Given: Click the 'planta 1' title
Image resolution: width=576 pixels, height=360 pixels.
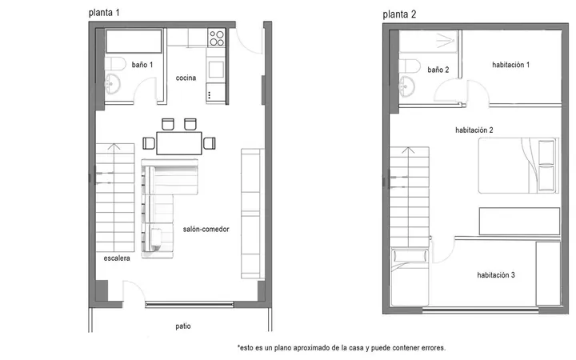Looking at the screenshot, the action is pyautogui.click(x=104, y=13).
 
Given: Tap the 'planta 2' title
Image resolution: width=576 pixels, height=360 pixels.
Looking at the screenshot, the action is pyautogui.click(x=399, y=14).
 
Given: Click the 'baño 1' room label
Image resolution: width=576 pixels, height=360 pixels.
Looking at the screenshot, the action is pyautogui.click(x=142, y=65).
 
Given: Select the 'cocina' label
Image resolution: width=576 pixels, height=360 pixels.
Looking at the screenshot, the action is pyautogui.click(x=186, y=78).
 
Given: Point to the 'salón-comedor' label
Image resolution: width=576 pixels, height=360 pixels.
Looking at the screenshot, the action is pyautogui.click(x=206, y=230).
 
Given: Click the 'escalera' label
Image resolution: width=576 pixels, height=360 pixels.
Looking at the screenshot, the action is pyautogui.click(x=117, y=258).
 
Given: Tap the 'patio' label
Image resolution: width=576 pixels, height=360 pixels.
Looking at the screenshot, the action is pyautogui.click(x=183, y=326).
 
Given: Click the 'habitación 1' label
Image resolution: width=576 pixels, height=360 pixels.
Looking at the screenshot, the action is pyautogui.click(x=511, y=65).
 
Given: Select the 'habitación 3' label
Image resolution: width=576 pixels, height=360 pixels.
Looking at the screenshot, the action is pyautogui.click(x=496, y=274).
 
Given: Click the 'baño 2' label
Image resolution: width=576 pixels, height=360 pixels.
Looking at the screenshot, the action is pyautogui.click(x=438, y=70).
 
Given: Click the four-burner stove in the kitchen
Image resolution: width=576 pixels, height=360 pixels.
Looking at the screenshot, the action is pyautogui.click(x=216, y=38).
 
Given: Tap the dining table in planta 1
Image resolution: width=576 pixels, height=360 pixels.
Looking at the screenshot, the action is pyautogui.click(x=179, y=143).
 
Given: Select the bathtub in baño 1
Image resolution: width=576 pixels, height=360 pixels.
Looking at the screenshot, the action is pyautogui.click(x=134, y=41).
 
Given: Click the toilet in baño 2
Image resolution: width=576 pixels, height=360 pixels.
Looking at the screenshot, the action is pyautogui.click(x=410, y=66).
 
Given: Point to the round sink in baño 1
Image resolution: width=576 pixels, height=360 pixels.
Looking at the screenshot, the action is pyautogui.click(x=112, y=83).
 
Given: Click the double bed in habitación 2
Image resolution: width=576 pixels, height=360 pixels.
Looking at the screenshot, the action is pyautogui.click(x=518, y=166).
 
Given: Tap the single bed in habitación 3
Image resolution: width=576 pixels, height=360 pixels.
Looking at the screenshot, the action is pyautogui.click(x=410, y=278).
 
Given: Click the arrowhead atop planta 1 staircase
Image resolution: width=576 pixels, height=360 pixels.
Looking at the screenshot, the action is pyautogui.click(x=114, y=146).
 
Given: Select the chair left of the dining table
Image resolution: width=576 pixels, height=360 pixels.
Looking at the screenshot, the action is pyautogui.click(x=149, y=143).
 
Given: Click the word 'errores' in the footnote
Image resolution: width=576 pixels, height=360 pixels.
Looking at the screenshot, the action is pyautogui.click(x=433, y=347).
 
